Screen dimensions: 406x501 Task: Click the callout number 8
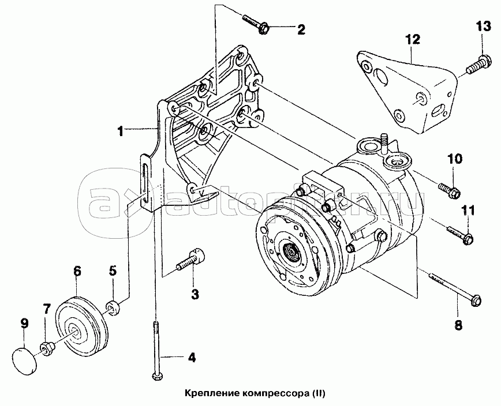pyautogui.click(x=458, y=325)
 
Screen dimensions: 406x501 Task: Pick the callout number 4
pyautogui.click(x=192, y=358)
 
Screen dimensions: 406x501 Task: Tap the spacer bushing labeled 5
pyautogui.click(x=114, y=307)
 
